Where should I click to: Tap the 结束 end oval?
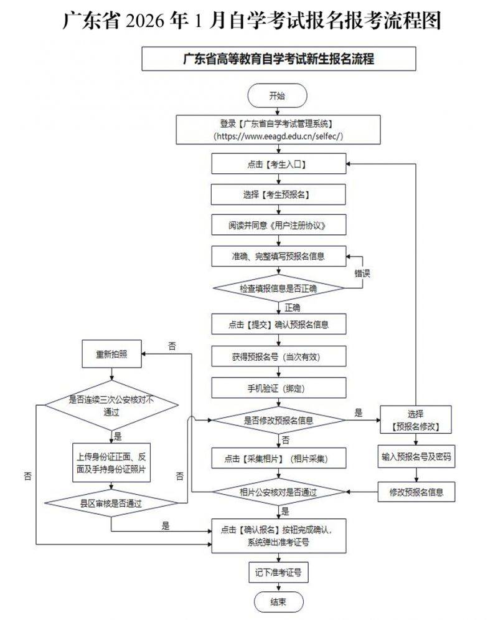coord(278,602)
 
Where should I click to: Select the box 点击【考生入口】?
coord(278,165)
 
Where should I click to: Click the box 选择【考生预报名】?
coord(278,194)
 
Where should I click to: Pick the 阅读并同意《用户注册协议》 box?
coord(278,225)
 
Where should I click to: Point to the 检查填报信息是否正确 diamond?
coord(278,289)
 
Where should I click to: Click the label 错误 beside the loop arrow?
coord(364,273)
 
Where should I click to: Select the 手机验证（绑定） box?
coord(278,388)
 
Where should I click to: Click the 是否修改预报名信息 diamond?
coord(278,420)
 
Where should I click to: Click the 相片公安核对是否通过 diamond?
coord(278,492)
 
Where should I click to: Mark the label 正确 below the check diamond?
coord(292,307)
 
